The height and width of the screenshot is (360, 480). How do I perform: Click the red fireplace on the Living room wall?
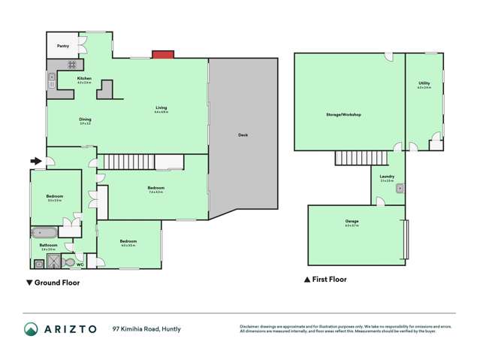coord(162,54)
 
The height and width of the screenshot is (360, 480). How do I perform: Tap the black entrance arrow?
coord(35,160)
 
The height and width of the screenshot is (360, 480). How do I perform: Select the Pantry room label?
coord(63,46)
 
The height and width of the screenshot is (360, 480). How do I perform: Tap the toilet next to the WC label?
coord(69,263)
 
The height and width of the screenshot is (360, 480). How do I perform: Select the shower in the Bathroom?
coord(54,262)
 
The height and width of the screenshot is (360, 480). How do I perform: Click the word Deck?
coord(243,135)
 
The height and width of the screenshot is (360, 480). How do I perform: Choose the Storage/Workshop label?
coord(344,115)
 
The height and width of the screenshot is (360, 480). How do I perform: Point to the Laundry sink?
coord(400,189)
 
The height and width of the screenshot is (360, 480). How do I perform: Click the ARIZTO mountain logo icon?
coord(32,329)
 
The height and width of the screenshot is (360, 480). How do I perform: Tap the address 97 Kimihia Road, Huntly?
coord(147,329)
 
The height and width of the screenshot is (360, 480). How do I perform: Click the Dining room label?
coord(85,119)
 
